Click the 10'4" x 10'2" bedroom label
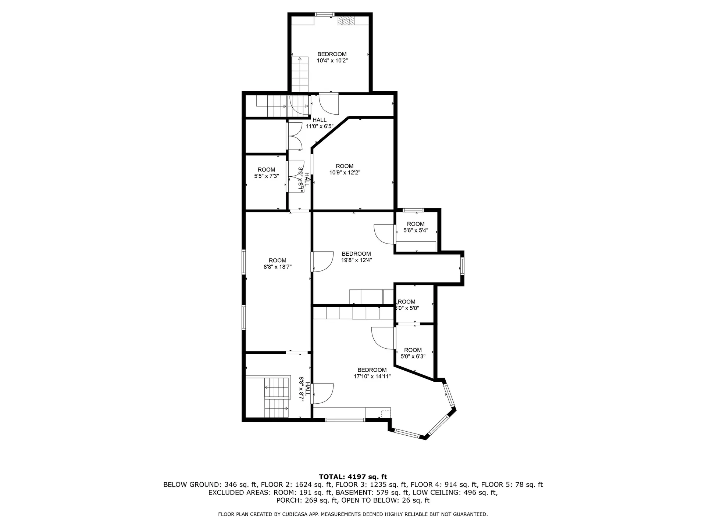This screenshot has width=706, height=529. [x=332, y=57]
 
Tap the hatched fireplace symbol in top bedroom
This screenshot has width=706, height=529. [x=345, y=21]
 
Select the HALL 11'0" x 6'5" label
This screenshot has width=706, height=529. [x=320, y=123]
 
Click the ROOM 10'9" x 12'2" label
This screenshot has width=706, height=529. [x=345, y=169]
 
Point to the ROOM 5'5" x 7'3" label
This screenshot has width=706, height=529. [x=266, y=173]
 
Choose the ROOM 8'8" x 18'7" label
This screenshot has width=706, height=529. [x=277, y=264]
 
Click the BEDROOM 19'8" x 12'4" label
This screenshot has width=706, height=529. [x=356, y=257]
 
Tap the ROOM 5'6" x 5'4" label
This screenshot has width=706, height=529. [x=416, y=227]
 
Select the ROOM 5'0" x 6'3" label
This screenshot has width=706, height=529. [x=413, y=353]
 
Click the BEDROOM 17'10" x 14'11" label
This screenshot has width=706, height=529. [x=372, y=373]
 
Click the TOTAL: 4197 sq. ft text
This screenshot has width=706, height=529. [x=353, y=477]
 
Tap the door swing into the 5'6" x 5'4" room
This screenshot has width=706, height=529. [x=384, y=234]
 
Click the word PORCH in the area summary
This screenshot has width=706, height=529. [x=288, y=500]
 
